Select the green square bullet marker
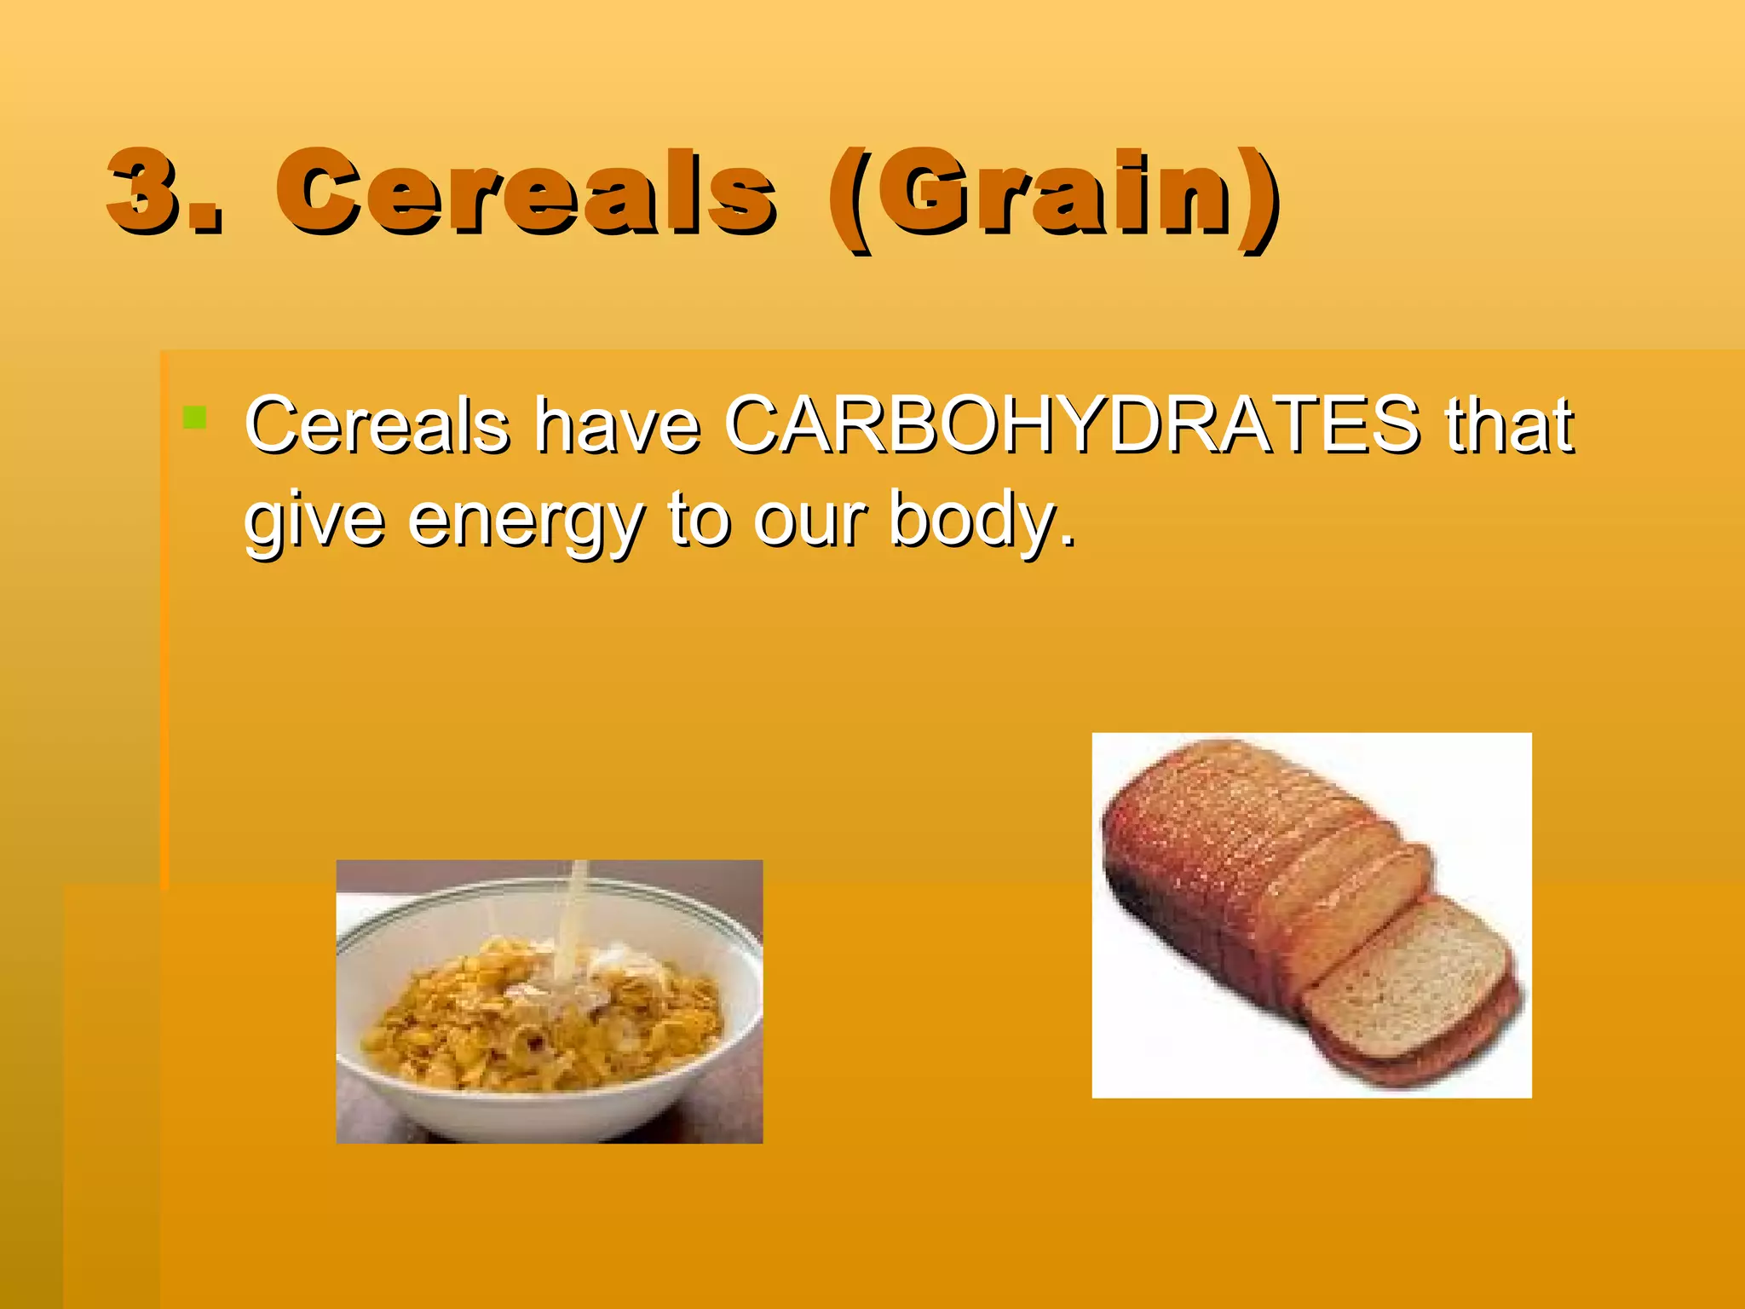194,418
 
